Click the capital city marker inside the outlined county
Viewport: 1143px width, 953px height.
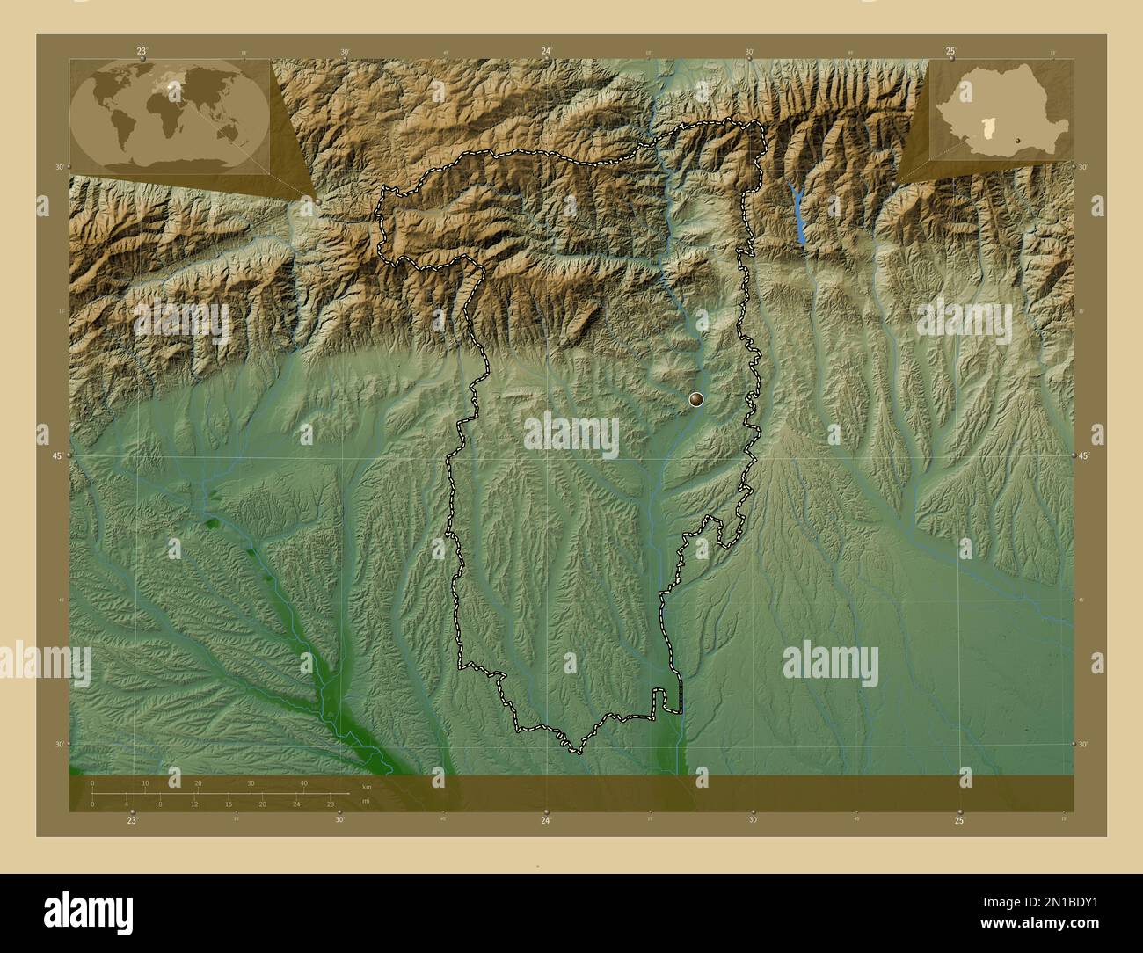pyautogui.click(x=696, y=400)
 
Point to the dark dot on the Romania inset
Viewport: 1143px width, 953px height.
pyautogui.click(x=1017, y=139)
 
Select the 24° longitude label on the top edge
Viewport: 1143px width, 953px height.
pyautogui.click(x=546, y=52)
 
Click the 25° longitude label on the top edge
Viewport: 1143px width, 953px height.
pyautogui.click(x=950, y=52)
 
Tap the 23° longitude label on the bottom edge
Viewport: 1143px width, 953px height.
pyautogui.click(x=131, y=820)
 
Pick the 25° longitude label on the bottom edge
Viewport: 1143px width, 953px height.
pyautogui.click(x=959, y=820)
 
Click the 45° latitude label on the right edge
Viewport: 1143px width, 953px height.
pyautogui.click(x=1084, y=455)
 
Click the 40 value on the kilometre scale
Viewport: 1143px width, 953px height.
pyautogui.click(x=304, y=783)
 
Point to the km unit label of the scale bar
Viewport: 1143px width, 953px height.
pyautogui.click(x=366, y=786)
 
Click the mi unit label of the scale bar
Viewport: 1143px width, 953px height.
pyautogui.click(x=366, y=801)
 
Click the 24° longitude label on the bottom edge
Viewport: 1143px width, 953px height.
pyautogui.click(x=546, y=820)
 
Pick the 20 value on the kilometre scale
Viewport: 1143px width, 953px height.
pyautogui.click(x=198, y=783)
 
